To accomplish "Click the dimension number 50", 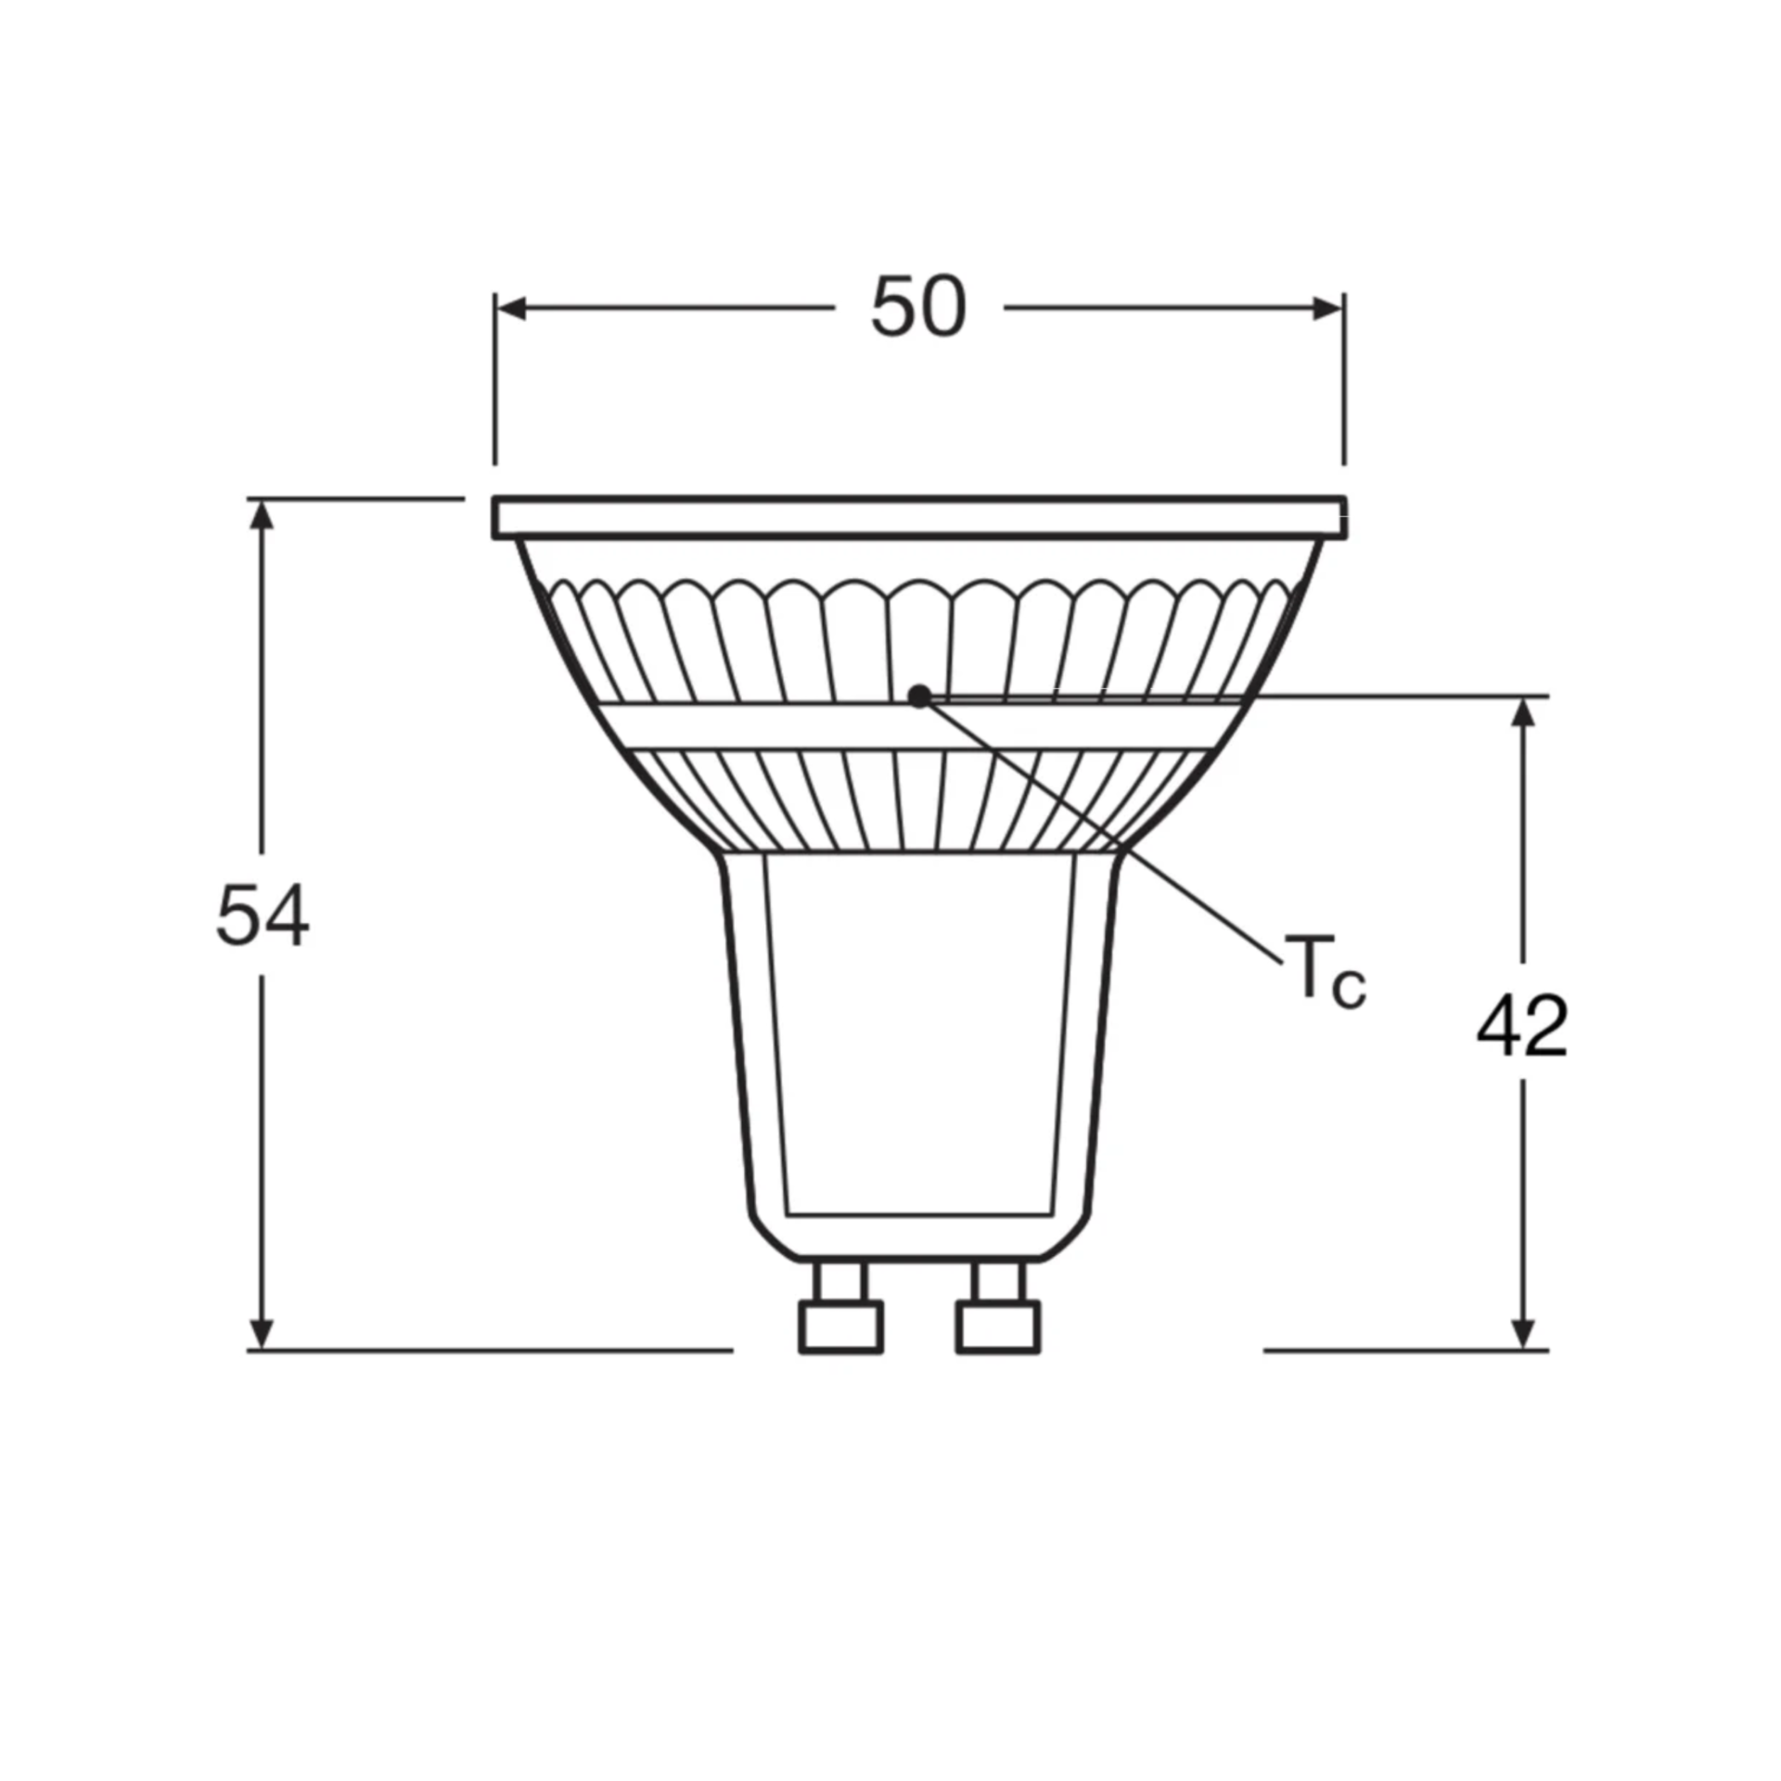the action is [918, 306].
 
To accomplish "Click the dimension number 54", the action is [263, 916].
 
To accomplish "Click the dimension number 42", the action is [1522, 1025].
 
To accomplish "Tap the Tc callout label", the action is [1325, 971].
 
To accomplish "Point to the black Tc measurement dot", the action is [918, 696].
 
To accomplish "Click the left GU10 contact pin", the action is [840, 1307].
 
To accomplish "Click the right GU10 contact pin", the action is [998, 1307].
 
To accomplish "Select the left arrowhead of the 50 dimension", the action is [511, 308].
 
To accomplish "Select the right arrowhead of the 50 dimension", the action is [1328, 308].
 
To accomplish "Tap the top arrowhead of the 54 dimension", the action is [263, 516].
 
